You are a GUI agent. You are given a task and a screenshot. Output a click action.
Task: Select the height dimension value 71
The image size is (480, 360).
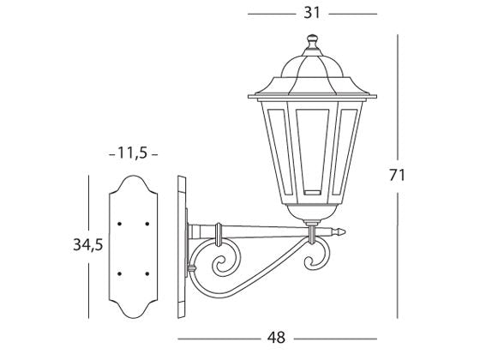pyautogui.click(x=396, y=175)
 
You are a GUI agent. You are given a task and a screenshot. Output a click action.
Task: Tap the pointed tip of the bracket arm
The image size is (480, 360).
pyautogui.click(x=345, y=231)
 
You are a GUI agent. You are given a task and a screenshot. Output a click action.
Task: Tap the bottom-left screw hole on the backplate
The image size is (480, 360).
pyautogui.click(x=120, y=273)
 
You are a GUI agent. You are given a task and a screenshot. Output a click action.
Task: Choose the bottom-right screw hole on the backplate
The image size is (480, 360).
pyautogui.click(x=147, y=273)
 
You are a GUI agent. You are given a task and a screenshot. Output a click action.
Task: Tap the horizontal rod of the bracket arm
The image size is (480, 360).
pyautogui.click(x=257, y=230)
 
